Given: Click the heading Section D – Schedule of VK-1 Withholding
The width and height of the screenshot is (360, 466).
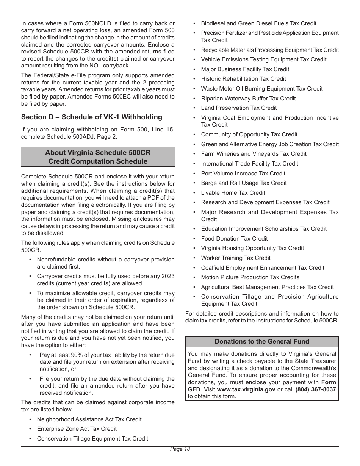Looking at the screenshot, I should pos(91,117).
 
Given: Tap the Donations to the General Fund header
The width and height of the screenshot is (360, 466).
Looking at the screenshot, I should pos(262,341).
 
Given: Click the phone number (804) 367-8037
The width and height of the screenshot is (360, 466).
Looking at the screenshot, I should pos(316,389).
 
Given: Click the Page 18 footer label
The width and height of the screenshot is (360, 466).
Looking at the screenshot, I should pos(180,449).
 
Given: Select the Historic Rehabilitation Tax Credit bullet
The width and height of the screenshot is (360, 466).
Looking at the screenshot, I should pos(243,79).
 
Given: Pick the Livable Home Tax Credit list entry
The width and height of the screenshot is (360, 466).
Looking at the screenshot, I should pos(233,193).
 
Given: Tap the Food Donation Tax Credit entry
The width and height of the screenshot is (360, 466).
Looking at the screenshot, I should pos(234,239).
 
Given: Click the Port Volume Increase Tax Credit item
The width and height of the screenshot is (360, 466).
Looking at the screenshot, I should pos(243,174).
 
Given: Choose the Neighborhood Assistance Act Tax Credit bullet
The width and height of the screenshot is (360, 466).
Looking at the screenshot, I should pos(89,419).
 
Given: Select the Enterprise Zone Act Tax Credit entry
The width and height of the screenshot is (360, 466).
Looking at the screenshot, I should pos(77,429).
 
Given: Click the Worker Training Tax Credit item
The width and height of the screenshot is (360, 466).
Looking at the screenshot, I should pos(236,258).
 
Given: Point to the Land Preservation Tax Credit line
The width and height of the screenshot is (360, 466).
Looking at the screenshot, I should pos(239,108).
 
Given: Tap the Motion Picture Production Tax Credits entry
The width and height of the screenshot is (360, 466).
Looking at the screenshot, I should pos(250,277).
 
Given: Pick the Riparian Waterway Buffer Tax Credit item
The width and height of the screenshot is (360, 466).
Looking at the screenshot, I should pos(248,99).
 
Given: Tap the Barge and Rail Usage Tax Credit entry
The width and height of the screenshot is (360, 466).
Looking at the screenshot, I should pos(244,183).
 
